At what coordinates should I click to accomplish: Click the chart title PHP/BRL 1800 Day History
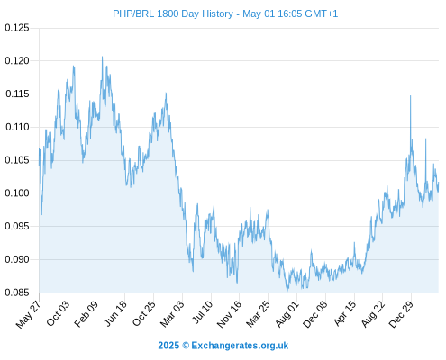point(173,13)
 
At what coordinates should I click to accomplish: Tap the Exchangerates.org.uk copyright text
point(240,346)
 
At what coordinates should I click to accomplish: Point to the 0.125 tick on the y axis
point(17,28)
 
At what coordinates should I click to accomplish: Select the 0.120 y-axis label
point(17,61)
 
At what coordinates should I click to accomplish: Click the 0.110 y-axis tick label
point(17,127)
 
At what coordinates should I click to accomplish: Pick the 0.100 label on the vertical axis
point(17,193)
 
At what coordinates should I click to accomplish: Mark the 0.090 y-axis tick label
point(17,259)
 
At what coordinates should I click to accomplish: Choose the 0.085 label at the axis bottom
point(17,292)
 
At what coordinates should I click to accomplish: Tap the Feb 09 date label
point(86,313)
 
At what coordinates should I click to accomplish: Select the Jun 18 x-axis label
point(115,313)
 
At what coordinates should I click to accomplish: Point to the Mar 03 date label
point(172,313)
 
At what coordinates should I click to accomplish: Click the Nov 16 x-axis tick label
point(229,313)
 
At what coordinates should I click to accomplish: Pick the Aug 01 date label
point(287,313)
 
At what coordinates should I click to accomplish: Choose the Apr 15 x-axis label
point(345,313)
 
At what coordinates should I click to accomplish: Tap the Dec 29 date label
point(401,313)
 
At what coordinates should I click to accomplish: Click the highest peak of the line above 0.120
point(102,57)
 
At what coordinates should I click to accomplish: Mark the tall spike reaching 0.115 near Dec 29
point(411,96)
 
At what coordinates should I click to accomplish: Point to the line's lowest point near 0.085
point(288,291)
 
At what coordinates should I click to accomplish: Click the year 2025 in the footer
point(168,346)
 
